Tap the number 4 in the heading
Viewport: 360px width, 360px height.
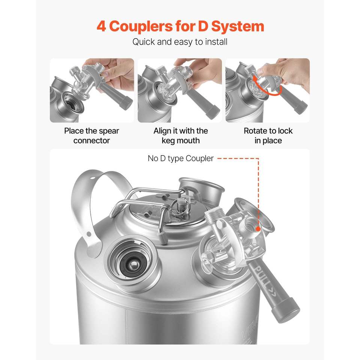coord(101,26)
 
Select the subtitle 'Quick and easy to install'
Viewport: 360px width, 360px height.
coord(180,42)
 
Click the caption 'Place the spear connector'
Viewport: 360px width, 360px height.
coord(91,135)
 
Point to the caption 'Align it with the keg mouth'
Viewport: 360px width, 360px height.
coord(180,135)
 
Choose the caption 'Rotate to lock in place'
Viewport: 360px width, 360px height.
coord(268,135)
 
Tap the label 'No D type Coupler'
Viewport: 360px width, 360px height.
coord(180,158)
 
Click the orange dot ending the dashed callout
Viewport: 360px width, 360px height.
coord(258,229)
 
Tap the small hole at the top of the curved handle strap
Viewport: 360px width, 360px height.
coord(92,178)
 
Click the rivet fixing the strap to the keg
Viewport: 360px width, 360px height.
coord(89,234)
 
